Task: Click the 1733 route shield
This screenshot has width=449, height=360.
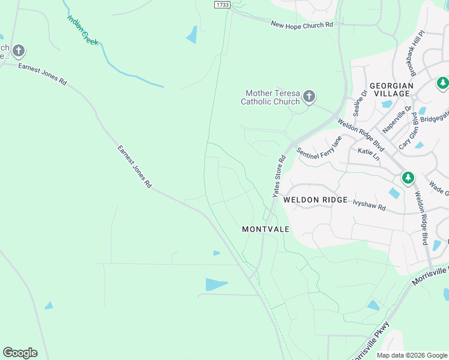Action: (x=221, y=4)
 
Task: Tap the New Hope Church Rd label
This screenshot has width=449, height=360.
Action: (x=301, y=25)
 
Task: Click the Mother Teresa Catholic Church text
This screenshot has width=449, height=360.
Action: (x=270, y=97)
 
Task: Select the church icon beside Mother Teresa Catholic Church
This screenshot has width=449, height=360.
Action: (x=309, y=96)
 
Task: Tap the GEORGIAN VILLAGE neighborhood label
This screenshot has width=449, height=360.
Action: (x=391, y=90)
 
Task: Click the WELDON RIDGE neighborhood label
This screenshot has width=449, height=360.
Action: (x=315, y=200)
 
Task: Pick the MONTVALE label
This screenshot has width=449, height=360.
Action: (x=265, y=229)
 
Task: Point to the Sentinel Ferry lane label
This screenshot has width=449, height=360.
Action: (x=319, y=150)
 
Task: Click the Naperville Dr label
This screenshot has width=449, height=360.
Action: (x=397, y=119)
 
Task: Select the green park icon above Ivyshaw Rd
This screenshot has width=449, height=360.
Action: (x=408, y=178)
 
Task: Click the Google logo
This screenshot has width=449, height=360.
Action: (x=20, y=353)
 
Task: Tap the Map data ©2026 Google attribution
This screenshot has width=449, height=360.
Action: (x=411, y=355)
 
